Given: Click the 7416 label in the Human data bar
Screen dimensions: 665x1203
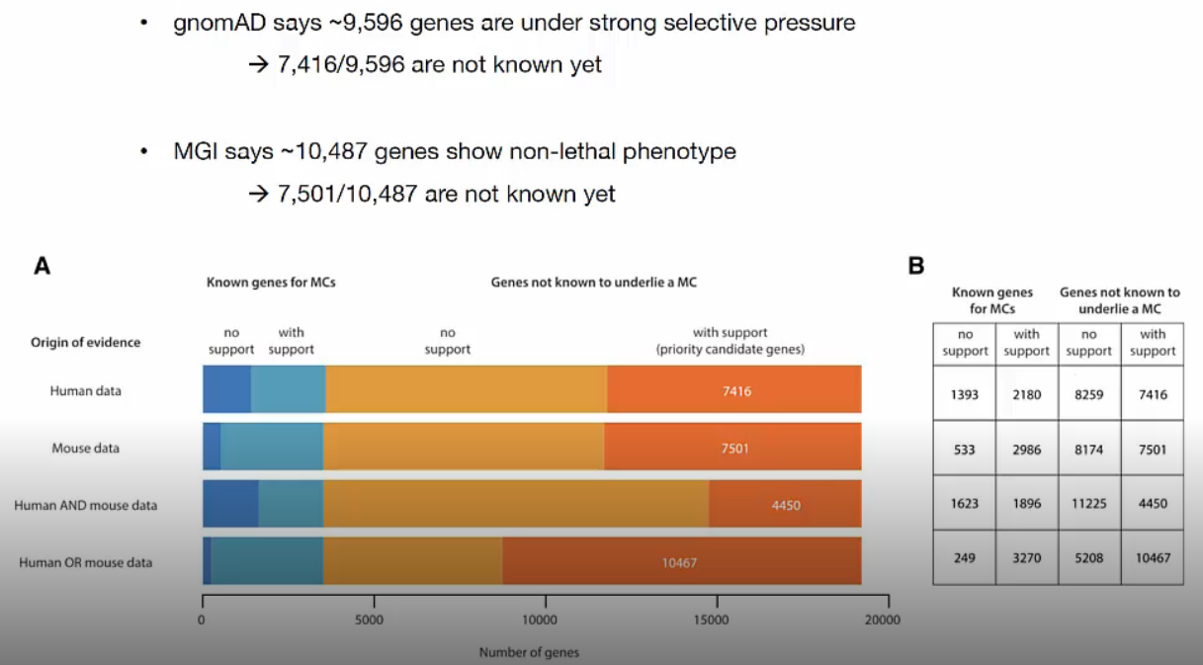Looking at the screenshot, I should (x=736, y=391).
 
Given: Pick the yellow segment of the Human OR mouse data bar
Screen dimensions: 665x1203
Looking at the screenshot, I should (x=412, y=561).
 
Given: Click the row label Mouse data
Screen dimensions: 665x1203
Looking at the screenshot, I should (x=85, y=448).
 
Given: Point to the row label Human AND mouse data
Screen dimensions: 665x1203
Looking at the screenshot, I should (x=85, y=505).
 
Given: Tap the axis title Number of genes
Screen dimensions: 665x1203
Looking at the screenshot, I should (x=529, y=652).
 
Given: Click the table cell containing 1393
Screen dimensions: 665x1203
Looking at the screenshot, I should (x=965, y=394).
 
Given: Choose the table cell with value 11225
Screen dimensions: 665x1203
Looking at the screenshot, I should (x=1089, y=503).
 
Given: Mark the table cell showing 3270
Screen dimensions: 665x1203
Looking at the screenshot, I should (x=1027, y=557).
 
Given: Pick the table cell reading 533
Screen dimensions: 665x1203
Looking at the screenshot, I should (x=965, y=449).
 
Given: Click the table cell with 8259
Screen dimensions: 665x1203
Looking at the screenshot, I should (x=1089, y=394).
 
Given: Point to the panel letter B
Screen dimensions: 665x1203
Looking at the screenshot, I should (x=916, y=265).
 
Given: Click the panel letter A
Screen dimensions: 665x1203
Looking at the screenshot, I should (x=43, y=265).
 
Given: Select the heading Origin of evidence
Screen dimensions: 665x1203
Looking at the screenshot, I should (x=85, y=342).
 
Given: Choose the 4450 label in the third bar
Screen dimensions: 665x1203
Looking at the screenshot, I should (x=786, y=505).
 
